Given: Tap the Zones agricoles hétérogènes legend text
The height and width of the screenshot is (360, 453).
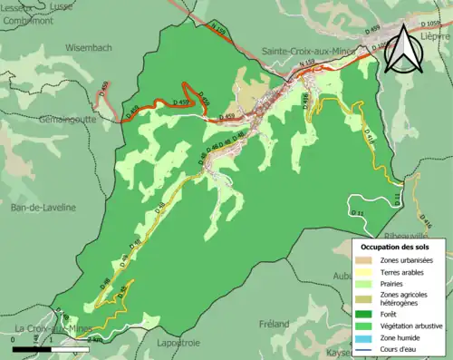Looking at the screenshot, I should point(405,298).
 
